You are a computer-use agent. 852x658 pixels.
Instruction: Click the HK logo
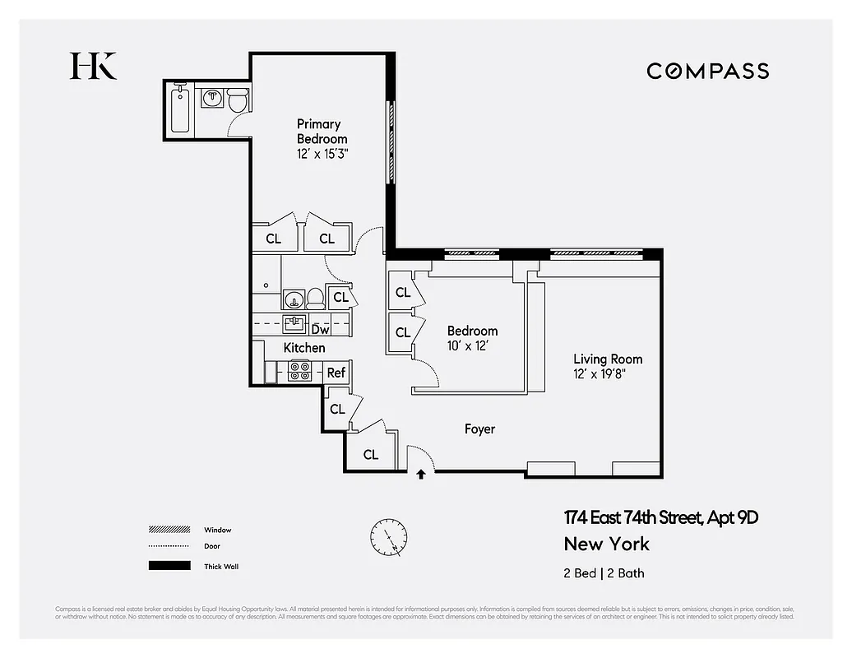tap(93, 66)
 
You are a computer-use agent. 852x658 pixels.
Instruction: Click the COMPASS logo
tap(707, 71)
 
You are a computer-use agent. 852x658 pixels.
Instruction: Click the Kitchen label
tap(304, 348)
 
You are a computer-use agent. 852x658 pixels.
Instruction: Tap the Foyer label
tap(479, 429)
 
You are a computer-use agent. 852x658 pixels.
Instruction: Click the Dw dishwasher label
tap(321, 329)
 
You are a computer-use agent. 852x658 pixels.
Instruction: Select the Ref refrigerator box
tap(336, 373)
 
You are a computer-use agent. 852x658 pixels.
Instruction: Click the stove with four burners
tap(299, 372)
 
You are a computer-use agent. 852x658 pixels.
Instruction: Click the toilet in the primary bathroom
tap(237, 101)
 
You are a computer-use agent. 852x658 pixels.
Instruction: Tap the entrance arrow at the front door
tap(421, 474)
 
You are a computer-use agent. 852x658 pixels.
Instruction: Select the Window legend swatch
tap(168, 531)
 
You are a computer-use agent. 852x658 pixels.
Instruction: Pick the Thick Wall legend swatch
tap(168, 566)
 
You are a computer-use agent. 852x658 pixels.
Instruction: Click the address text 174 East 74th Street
tap(660, 518)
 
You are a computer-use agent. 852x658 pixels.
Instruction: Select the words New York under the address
tap(606, 544)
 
